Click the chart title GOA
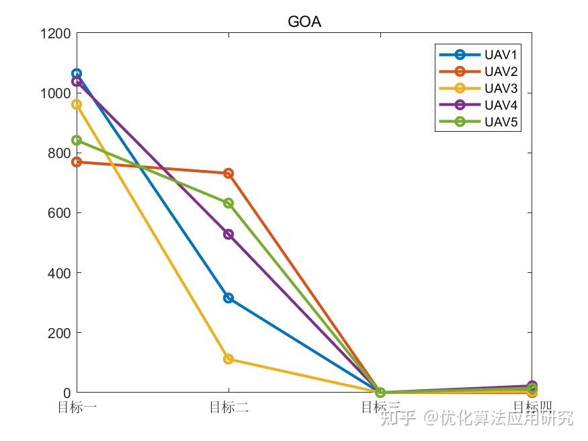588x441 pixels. point(304,22)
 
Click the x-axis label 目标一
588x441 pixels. point(77,407)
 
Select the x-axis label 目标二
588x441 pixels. point(228,407)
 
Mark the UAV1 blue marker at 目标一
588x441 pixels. point(77,73)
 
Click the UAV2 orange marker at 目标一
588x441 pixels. point(77,162)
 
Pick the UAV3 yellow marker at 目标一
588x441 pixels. point(77,104)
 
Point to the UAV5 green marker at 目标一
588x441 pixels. point(77,141)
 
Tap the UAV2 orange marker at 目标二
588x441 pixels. point(228,173)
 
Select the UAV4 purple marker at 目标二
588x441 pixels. point(228,234)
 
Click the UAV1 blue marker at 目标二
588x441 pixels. point(228,298)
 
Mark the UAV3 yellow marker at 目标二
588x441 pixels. point(228,359)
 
